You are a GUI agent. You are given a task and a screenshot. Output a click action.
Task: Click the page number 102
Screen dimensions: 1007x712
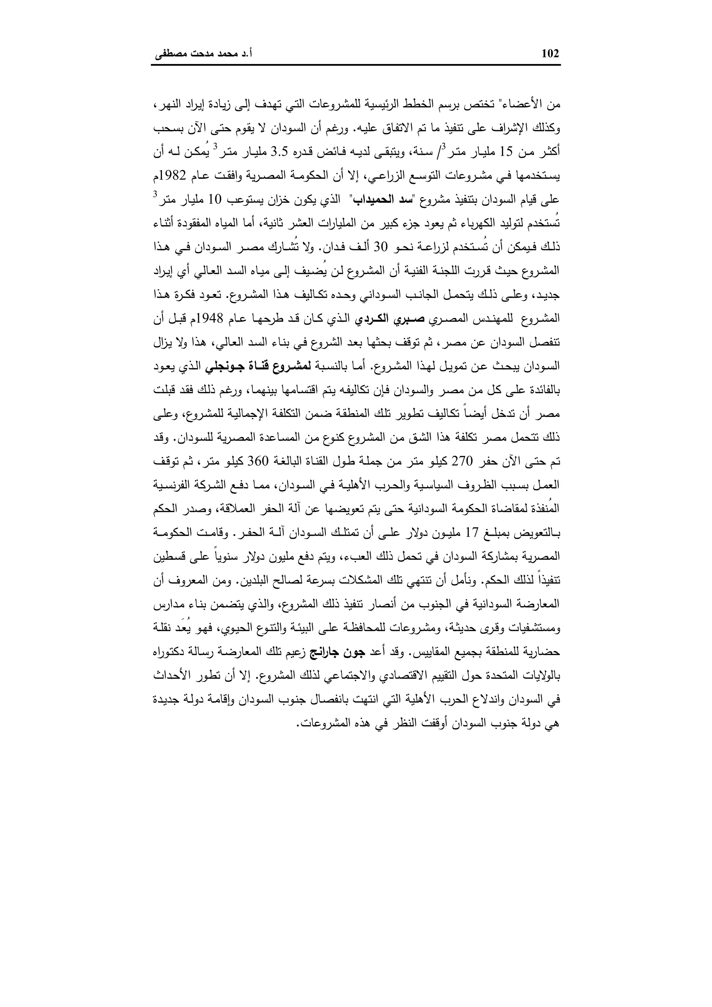pos(550,54)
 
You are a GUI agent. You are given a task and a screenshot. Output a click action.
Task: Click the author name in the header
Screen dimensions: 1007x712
pos(203,54)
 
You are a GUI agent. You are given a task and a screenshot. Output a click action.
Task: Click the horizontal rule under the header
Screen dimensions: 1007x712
pos(356,65)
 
